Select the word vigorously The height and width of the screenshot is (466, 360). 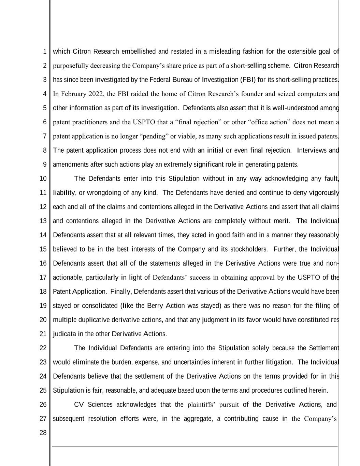(324, 193)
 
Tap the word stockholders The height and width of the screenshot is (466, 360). (249, 249)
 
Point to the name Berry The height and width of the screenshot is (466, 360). (155, 306)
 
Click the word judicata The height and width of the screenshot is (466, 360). (64, 334)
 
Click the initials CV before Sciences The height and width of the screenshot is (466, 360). (79, 405)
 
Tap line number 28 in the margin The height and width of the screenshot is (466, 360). (43, 433)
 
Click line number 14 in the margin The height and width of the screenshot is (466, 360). (43, 235)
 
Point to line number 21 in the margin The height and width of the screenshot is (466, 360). (43, 334)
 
